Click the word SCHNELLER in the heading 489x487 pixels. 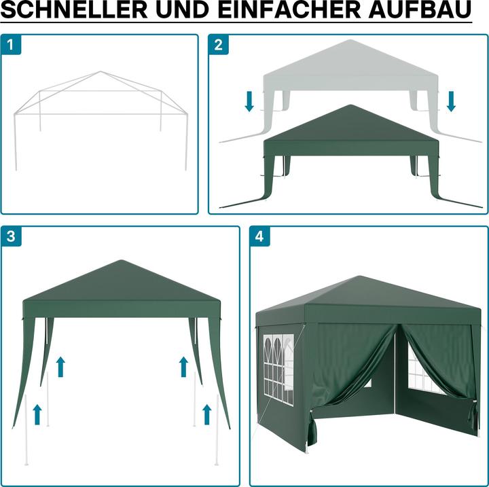coord(74,10)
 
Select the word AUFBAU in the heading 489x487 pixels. coord(420,10)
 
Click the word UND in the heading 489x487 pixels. coord(182,10)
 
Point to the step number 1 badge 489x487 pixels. coord(11,45)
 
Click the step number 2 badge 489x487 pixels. coord(219,45)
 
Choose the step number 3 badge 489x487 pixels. coord(11,236)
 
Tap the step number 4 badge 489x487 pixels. coord(259,236)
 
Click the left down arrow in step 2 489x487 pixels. coord(249,101)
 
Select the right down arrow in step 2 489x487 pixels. coord(451,101)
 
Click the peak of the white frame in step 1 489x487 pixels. coord(100,71)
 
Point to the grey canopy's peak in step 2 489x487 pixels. coord(350,40)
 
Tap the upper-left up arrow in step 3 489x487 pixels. coord(61,367)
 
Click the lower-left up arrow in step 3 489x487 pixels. coord(37,414)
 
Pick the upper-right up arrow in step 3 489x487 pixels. coord(183,367)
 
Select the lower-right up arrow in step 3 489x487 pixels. coord(206,414)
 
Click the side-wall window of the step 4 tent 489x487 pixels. coord(278,370)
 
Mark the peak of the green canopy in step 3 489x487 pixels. coord(121,261)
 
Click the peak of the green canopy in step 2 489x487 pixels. coord(351,105)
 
